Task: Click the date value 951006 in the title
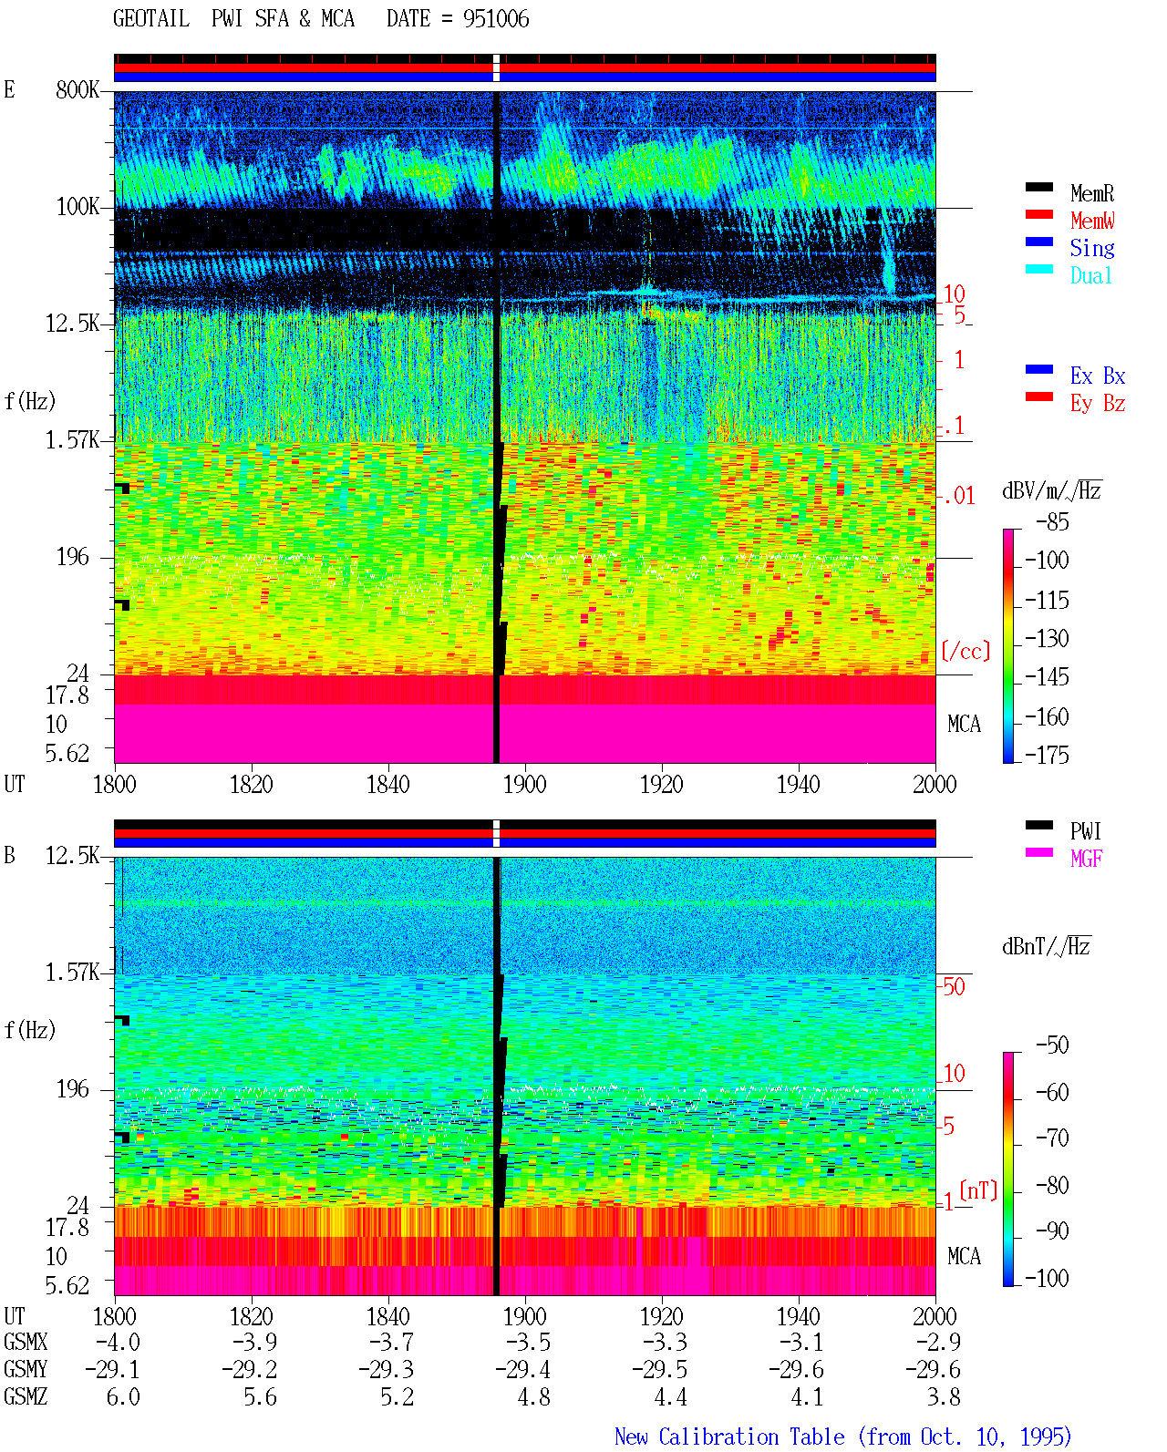[496, 19]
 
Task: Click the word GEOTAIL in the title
[151, 19]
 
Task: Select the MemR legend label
[1092, 193]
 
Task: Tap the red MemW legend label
[1092, 221]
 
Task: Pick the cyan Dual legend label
[1091, 275]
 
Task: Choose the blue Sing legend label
[1092, 248]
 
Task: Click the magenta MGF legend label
[1087, 859]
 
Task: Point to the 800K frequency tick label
[77, 89]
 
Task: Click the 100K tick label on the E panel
[77, 207]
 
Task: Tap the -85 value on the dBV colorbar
[1052, 521]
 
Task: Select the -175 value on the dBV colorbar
[1047, 755]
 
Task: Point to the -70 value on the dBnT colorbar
[1052, 1138]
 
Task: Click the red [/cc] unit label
[966, 651]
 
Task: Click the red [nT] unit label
[978, 1191]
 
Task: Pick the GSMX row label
[26, 1342]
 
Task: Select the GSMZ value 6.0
[123, 1396]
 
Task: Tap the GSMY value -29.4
[522, 1370]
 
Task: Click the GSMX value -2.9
[938, 1342]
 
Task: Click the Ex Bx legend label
[1098, 376]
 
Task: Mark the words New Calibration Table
[729, 1437]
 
